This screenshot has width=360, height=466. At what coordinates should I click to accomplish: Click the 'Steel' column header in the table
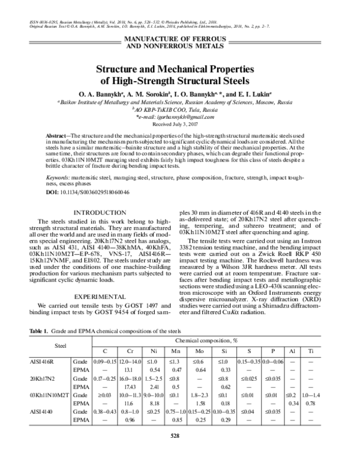60,345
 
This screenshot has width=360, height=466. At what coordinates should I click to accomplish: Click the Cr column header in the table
131,351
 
